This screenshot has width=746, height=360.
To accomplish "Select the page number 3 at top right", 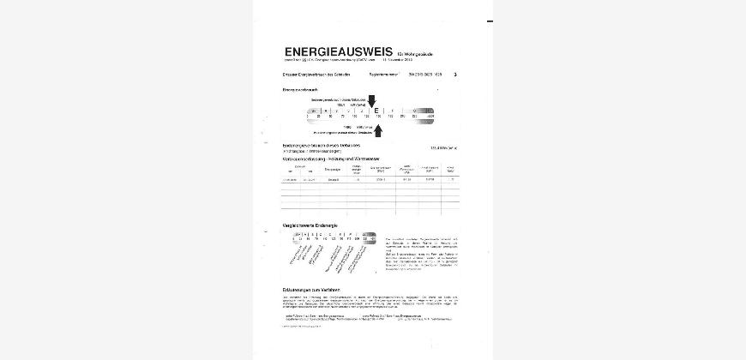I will [x=455, y=75].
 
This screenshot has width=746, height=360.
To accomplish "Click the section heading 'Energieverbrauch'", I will [x=300, y=89].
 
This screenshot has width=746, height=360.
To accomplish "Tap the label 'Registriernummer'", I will [x=383, y=75].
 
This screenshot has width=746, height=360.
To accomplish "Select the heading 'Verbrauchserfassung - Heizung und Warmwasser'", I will [x=331, y=159].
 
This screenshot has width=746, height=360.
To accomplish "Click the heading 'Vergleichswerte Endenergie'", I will [x=310, y=225].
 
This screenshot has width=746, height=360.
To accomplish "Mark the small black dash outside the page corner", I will [x=490, y=21].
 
